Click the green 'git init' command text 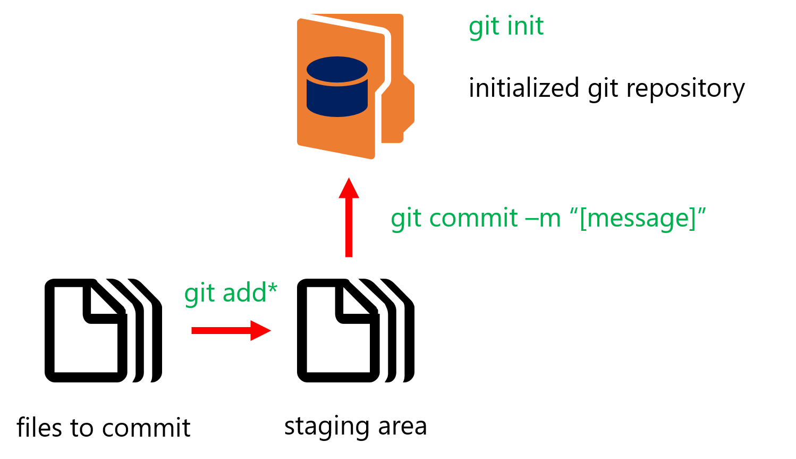tap(506, 27)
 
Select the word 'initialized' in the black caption tap(523, 88)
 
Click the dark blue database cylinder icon tap(337, 87)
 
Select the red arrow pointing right tap(231, 330)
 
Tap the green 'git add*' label tap(230, 293)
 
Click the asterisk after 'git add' tap(272, 288)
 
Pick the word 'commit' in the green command tap(473, 218)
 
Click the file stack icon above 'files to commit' tap(103, 330)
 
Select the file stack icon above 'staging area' tap(355, 330)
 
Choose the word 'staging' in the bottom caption tap(327, 427)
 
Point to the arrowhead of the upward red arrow tap(349, 188)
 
